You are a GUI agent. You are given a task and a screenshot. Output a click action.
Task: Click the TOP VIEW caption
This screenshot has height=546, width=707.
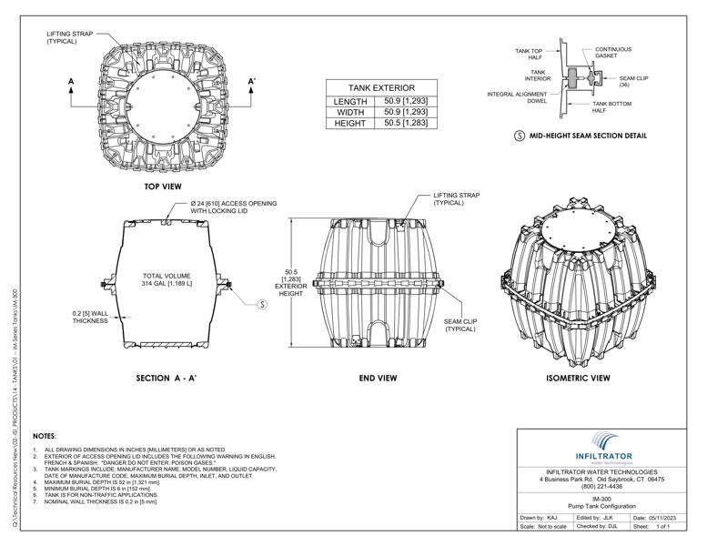coord(163,187)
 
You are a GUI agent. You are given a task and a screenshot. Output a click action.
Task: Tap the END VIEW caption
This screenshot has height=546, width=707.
coord(378,378)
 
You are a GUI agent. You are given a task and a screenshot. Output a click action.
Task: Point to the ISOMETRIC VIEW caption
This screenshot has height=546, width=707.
coord(578,378)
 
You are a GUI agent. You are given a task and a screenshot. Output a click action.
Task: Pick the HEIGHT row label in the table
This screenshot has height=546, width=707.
coord(349,123)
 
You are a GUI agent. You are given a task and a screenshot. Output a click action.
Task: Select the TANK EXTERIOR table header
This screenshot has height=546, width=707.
coord(377,87)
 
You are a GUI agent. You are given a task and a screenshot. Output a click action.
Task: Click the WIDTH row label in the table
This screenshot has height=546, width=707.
coord(349,112)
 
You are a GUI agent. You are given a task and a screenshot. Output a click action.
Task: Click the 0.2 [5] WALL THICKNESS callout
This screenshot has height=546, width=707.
coord(92,318)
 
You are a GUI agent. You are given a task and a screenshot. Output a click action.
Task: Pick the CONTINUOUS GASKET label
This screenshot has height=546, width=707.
coord(613,53)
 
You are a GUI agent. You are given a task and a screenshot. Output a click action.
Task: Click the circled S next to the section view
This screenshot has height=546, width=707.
coord(262,304)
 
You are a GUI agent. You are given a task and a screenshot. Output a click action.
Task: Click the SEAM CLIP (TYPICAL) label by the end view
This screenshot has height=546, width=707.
coord(460,325)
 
